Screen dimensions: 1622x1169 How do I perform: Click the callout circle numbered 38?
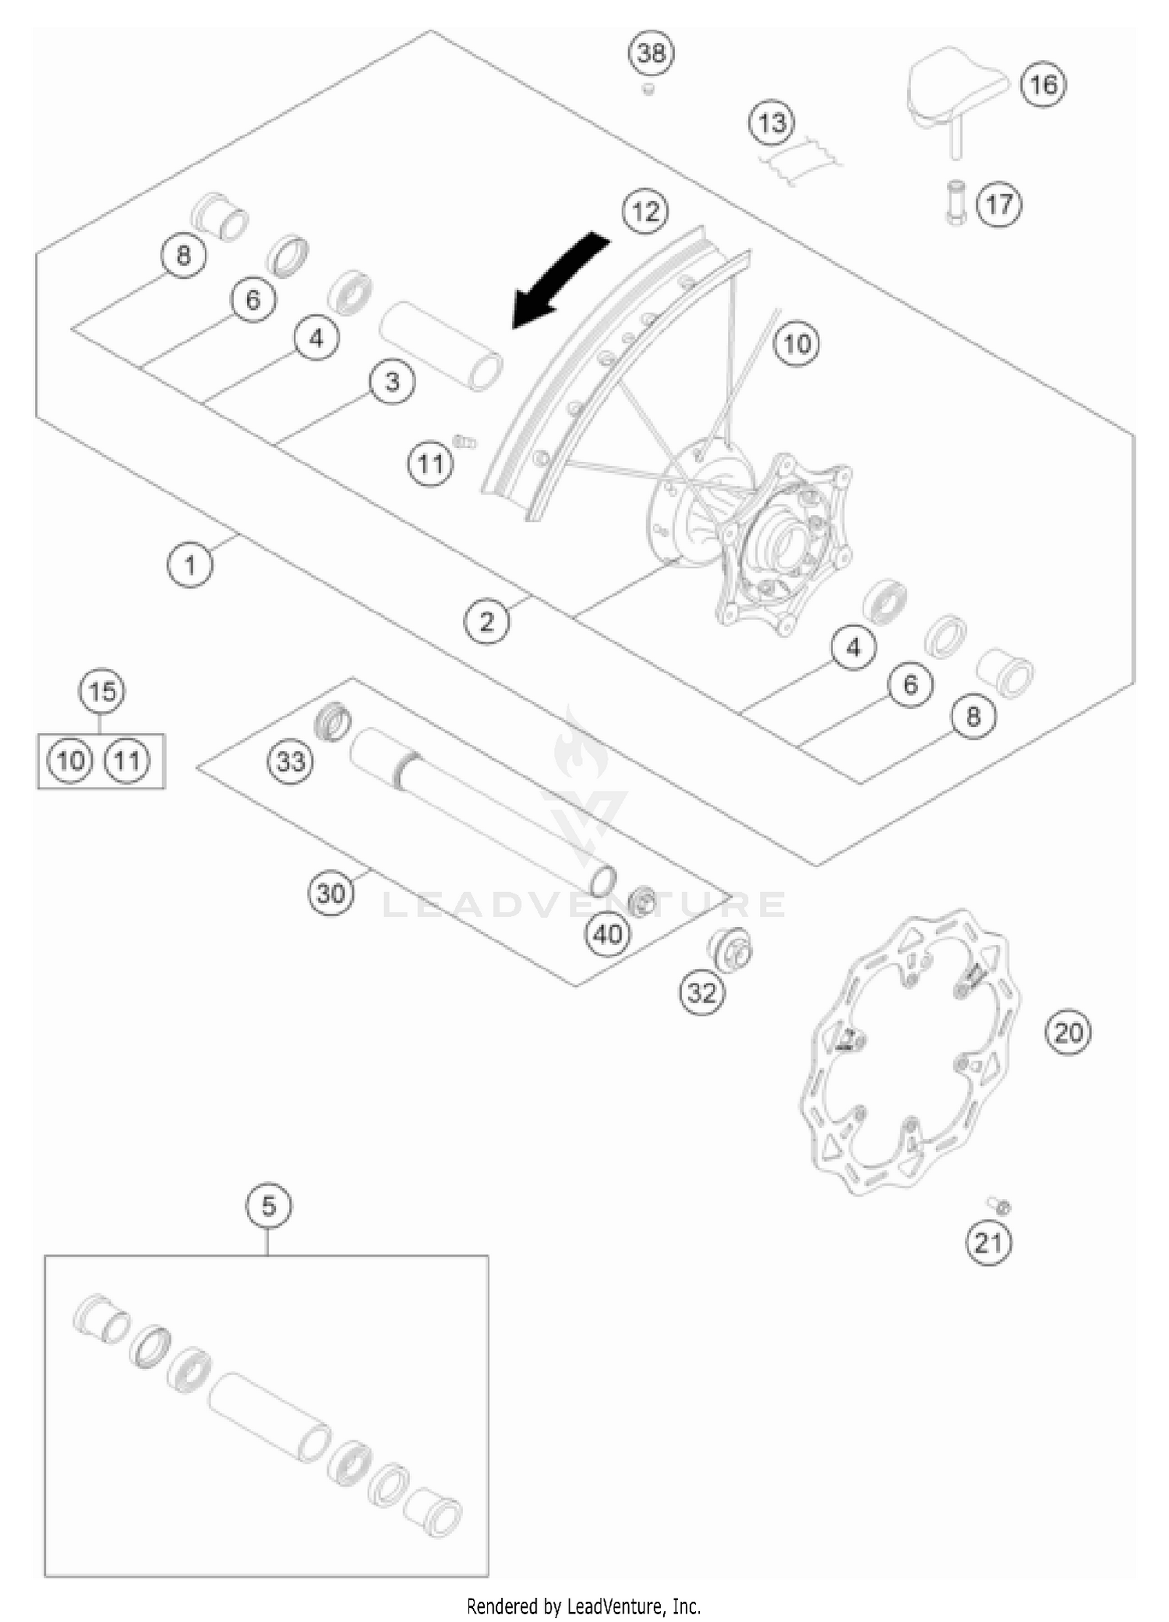(x=652, y=53)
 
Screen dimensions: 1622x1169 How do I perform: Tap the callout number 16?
(x=1044, y=83)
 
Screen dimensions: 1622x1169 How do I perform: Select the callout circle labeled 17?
(x=999, y=205)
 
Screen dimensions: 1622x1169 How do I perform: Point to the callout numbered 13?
(x=772, y=122)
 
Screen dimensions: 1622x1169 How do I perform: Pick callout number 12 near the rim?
(x=645, y=211)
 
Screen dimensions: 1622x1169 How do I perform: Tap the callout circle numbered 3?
(x=392, y=382)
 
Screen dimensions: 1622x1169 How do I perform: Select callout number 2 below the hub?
(x=487, y=621)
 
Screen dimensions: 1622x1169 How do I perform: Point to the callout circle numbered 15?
(x=102, y=692)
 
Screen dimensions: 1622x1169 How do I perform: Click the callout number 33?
(x=291, y=760)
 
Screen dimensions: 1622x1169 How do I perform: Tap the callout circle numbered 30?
(x=330, y=893)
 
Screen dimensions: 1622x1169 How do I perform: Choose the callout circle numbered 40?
(x=608, y=933)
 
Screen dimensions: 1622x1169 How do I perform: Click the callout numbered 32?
(x=701, y=993)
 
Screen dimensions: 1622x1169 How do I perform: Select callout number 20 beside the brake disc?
(x=1068, y=1033)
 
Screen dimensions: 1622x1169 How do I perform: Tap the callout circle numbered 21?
(x=988, y=1242)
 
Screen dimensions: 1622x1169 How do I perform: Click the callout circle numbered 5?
(x=268, y=1206)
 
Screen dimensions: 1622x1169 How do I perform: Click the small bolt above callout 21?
(x=1000, y=1206)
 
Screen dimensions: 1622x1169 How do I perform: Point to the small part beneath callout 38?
(x=647, y=90)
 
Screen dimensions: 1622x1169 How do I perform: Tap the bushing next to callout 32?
(x=729, y=950)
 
